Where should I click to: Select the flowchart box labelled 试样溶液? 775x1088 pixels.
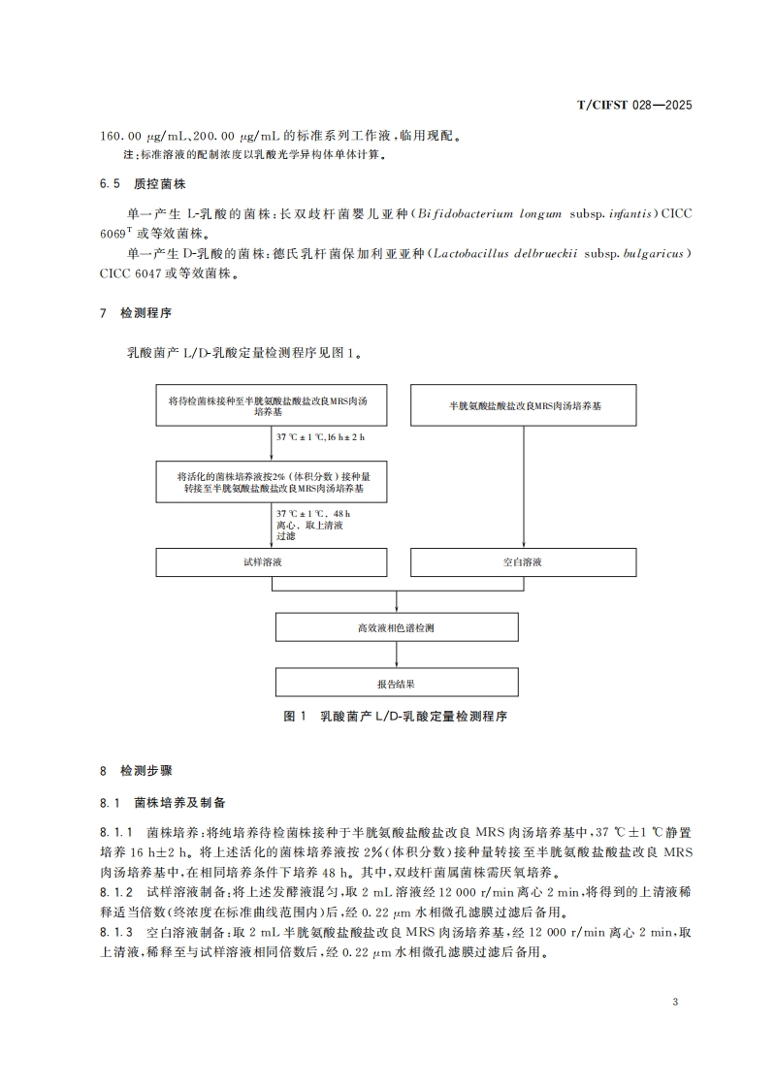273,561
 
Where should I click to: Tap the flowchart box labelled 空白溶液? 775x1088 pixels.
525,561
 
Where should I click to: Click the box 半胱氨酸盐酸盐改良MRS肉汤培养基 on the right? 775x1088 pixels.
525,405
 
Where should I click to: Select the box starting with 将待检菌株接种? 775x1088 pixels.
273,405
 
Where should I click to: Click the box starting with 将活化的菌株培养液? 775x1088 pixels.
273,483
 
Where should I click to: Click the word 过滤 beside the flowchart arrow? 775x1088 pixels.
287,536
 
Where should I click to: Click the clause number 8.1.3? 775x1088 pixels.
116,932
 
